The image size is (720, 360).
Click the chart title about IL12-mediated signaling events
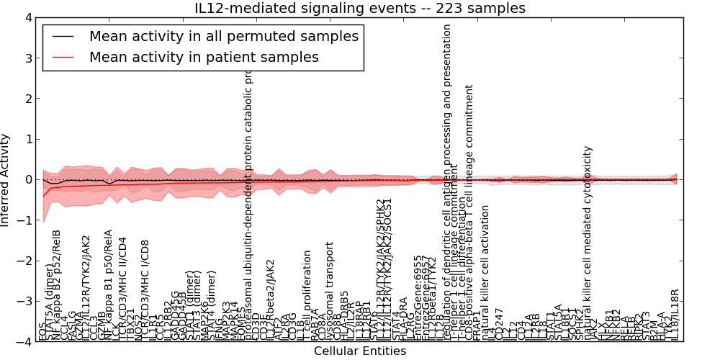click(360, 9)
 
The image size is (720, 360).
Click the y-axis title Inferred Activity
click(6, 179)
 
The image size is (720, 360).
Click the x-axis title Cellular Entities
click(360, 351)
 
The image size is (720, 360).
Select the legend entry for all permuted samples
click(223, 36)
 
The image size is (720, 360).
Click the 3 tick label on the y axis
click(27, 58)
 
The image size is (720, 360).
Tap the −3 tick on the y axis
click(24, 302)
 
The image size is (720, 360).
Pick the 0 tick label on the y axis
click(27, 179)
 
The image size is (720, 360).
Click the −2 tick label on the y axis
click(24, 261)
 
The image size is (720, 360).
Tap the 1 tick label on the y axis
click(27, 139)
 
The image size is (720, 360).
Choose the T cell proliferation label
click(307, 295)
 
